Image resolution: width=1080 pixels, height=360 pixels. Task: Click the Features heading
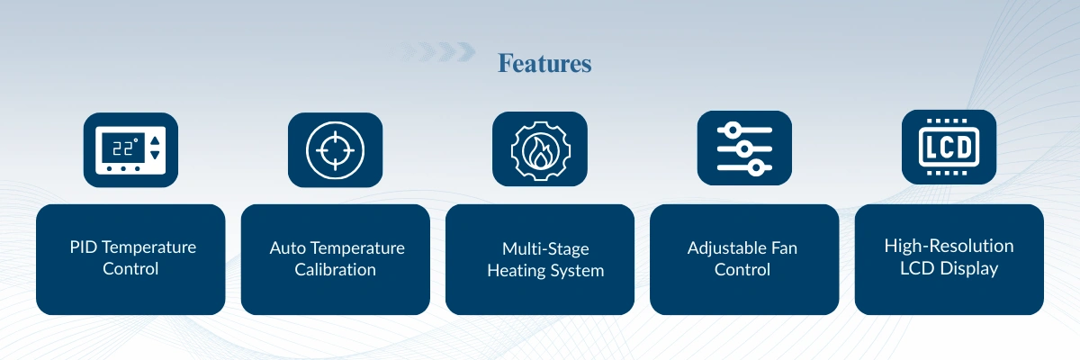544,63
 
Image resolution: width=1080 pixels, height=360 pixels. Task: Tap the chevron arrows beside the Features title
434,51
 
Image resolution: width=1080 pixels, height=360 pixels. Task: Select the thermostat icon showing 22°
130,150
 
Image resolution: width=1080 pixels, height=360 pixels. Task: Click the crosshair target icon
335,150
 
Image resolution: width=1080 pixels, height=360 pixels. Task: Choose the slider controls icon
744,148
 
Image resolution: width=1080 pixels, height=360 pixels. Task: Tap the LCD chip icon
949,147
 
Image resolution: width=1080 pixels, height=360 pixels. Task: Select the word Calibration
335,269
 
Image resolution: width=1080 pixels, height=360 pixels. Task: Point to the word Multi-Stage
545,248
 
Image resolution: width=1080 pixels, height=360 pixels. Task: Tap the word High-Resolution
949,246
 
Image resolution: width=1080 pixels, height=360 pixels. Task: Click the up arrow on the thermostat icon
155,140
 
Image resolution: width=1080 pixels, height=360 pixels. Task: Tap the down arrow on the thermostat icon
155,155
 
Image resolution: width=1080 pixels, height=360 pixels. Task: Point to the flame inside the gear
540,151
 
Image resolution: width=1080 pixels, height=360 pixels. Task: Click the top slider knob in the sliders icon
733,130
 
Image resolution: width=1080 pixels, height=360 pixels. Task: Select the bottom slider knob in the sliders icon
756,167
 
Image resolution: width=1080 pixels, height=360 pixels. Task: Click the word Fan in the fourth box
785,247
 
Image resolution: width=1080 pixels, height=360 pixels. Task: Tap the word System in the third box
577,271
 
